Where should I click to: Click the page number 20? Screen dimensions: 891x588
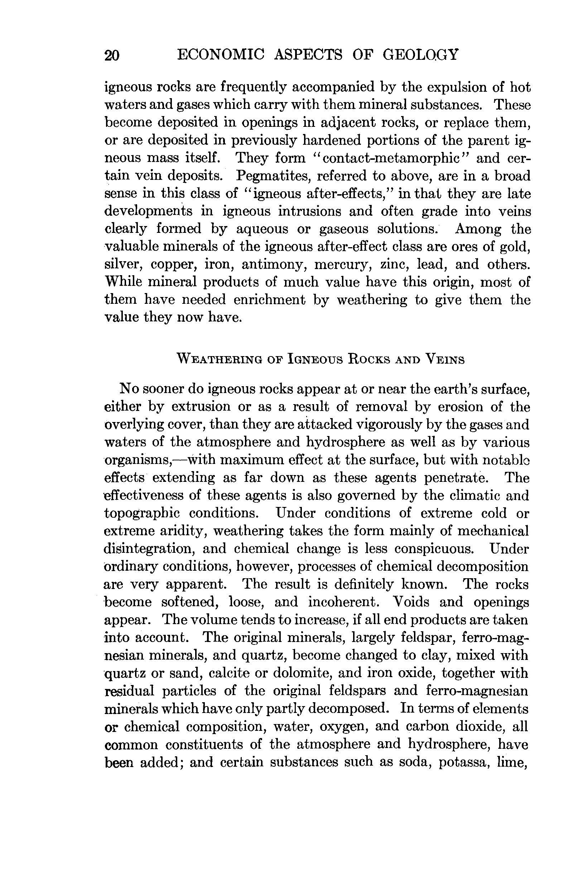click(x=112, y=56)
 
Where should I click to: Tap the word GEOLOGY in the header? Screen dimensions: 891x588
click(x=420, y=55)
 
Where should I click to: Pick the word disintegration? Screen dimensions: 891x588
click(x=149, y=549)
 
